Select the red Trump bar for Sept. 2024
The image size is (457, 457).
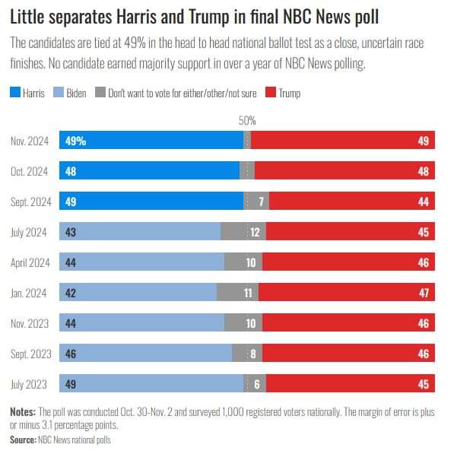tap(351, 201)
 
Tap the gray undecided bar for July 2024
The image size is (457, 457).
tap(243, 232)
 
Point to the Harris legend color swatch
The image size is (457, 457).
tap(14, 94)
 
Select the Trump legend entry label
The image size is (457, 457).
tap(290, 94)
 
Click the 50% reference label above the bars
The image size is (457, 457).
tap(247, 121)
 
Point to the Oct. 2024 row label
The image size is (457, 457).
tap(30, 171)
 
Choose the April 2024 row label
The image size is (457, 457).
tap(30, 262)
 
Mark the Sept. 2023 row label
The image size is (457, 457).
tap(30, 354)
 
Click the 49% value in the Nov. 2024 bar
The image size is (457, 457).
tap(75, 141)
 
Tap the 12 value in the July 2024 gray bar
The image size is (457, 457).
tap(255, 232)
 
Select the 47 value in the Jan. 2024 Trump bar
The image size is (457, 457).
tap(424, 293)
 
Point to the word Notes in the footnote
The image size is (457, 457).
tap(22, 411)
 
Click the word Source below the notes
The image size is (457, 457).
tap(23, 440)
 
